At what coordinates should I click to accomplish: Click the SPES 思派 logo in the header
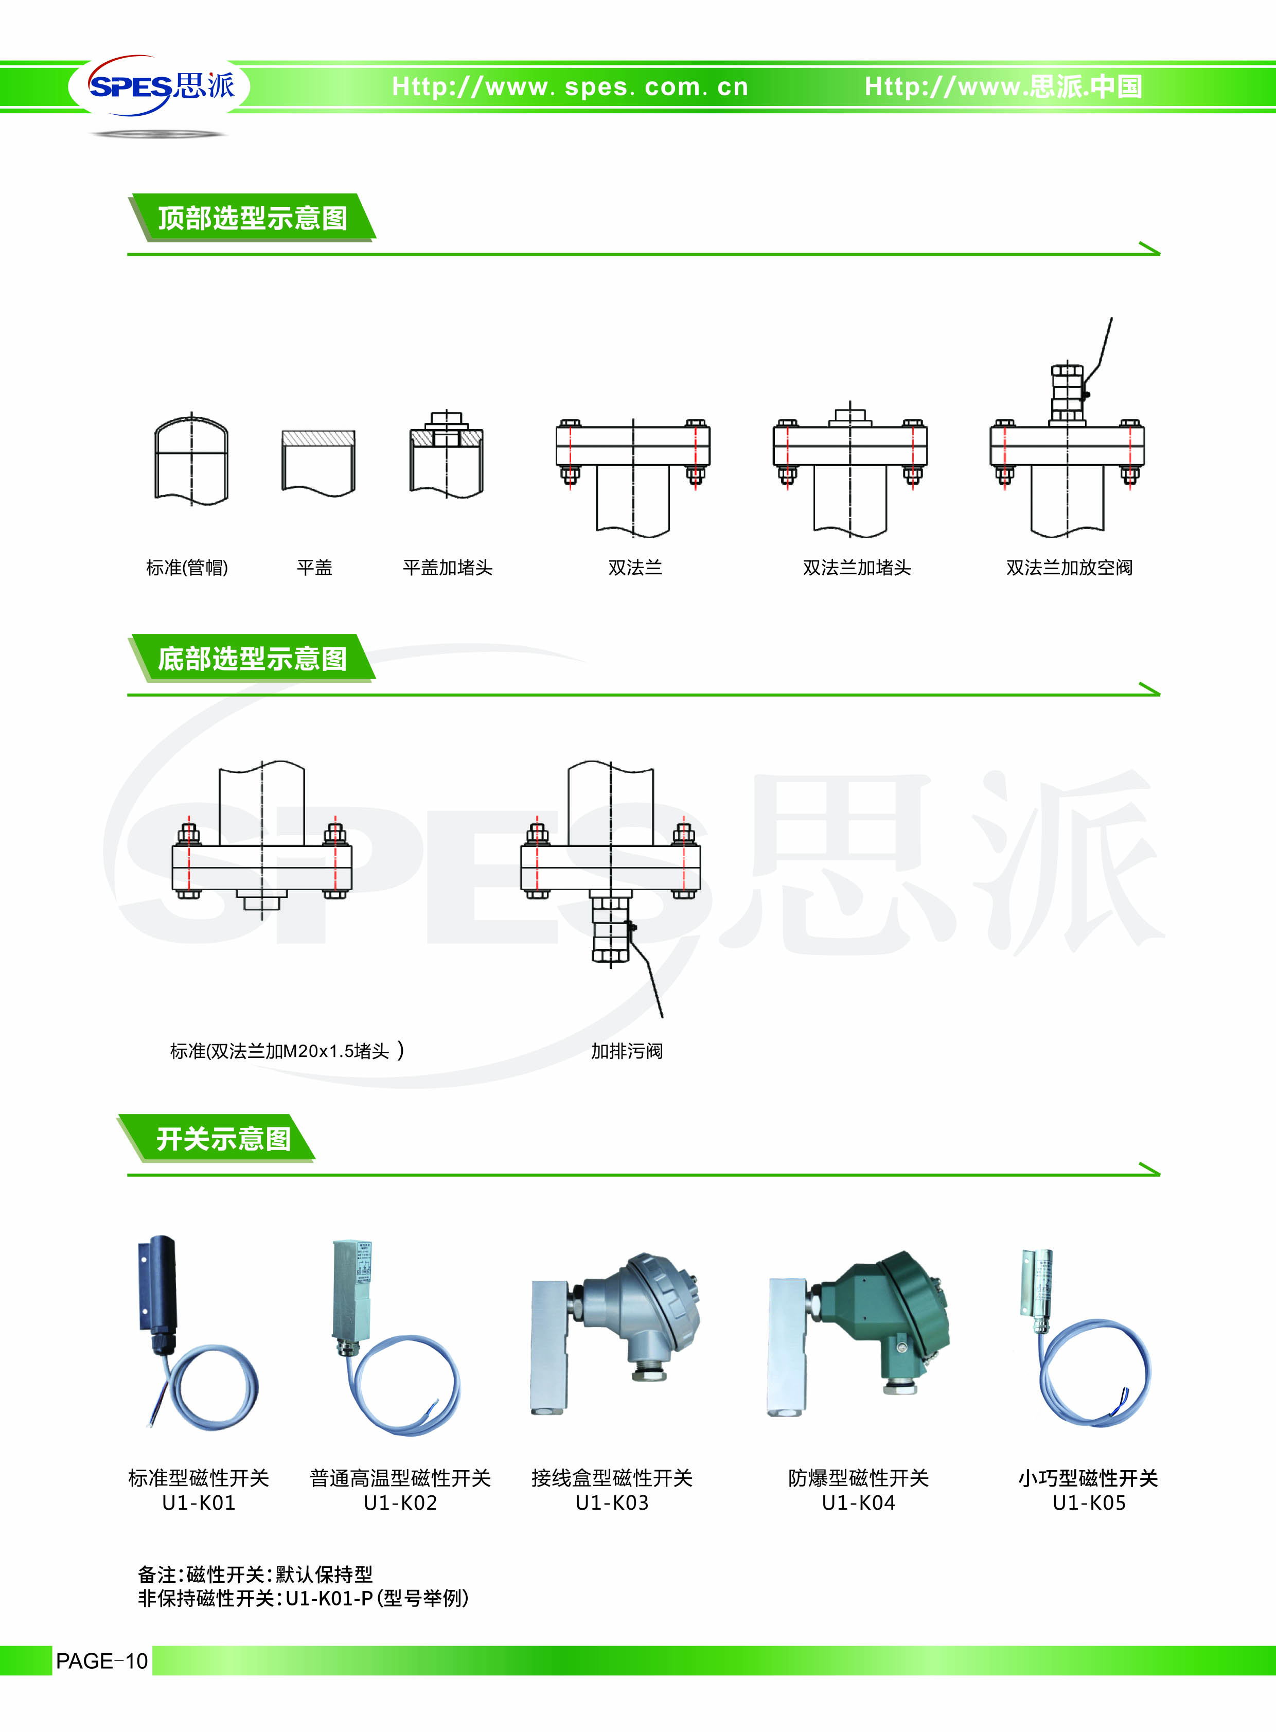[x=160, y=86]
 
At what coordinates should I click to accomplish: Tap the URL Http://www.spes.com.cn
[x=570, y=86]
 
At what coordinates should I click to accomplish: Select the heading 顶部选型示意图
[x=253, y=218]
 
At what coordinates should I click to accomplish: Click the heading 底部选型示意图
[x=253, y=658]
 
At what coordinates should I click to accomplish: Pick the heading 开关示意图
[x=224, y=1139]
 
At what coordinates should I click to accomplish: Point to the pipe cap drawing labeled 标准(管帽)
[x=191, y=459]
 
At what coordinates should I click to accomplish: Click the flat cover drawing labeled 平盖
[x=318, y=462]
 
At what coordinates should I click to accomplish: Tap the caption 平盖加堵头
[x=447, y=568]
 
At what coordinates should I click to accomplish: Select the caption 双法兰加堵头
[x=857, y=568]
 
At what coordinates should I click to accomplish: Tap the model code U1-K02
[x=400, y=1503]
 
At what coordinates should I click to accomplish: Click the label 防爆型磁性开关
[x=858, y=1478]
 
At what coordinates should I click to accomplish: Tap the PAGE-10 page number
[x=101, y=1661]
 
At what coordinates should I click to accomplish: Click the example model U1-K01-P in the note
[x=329, y=1598]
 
